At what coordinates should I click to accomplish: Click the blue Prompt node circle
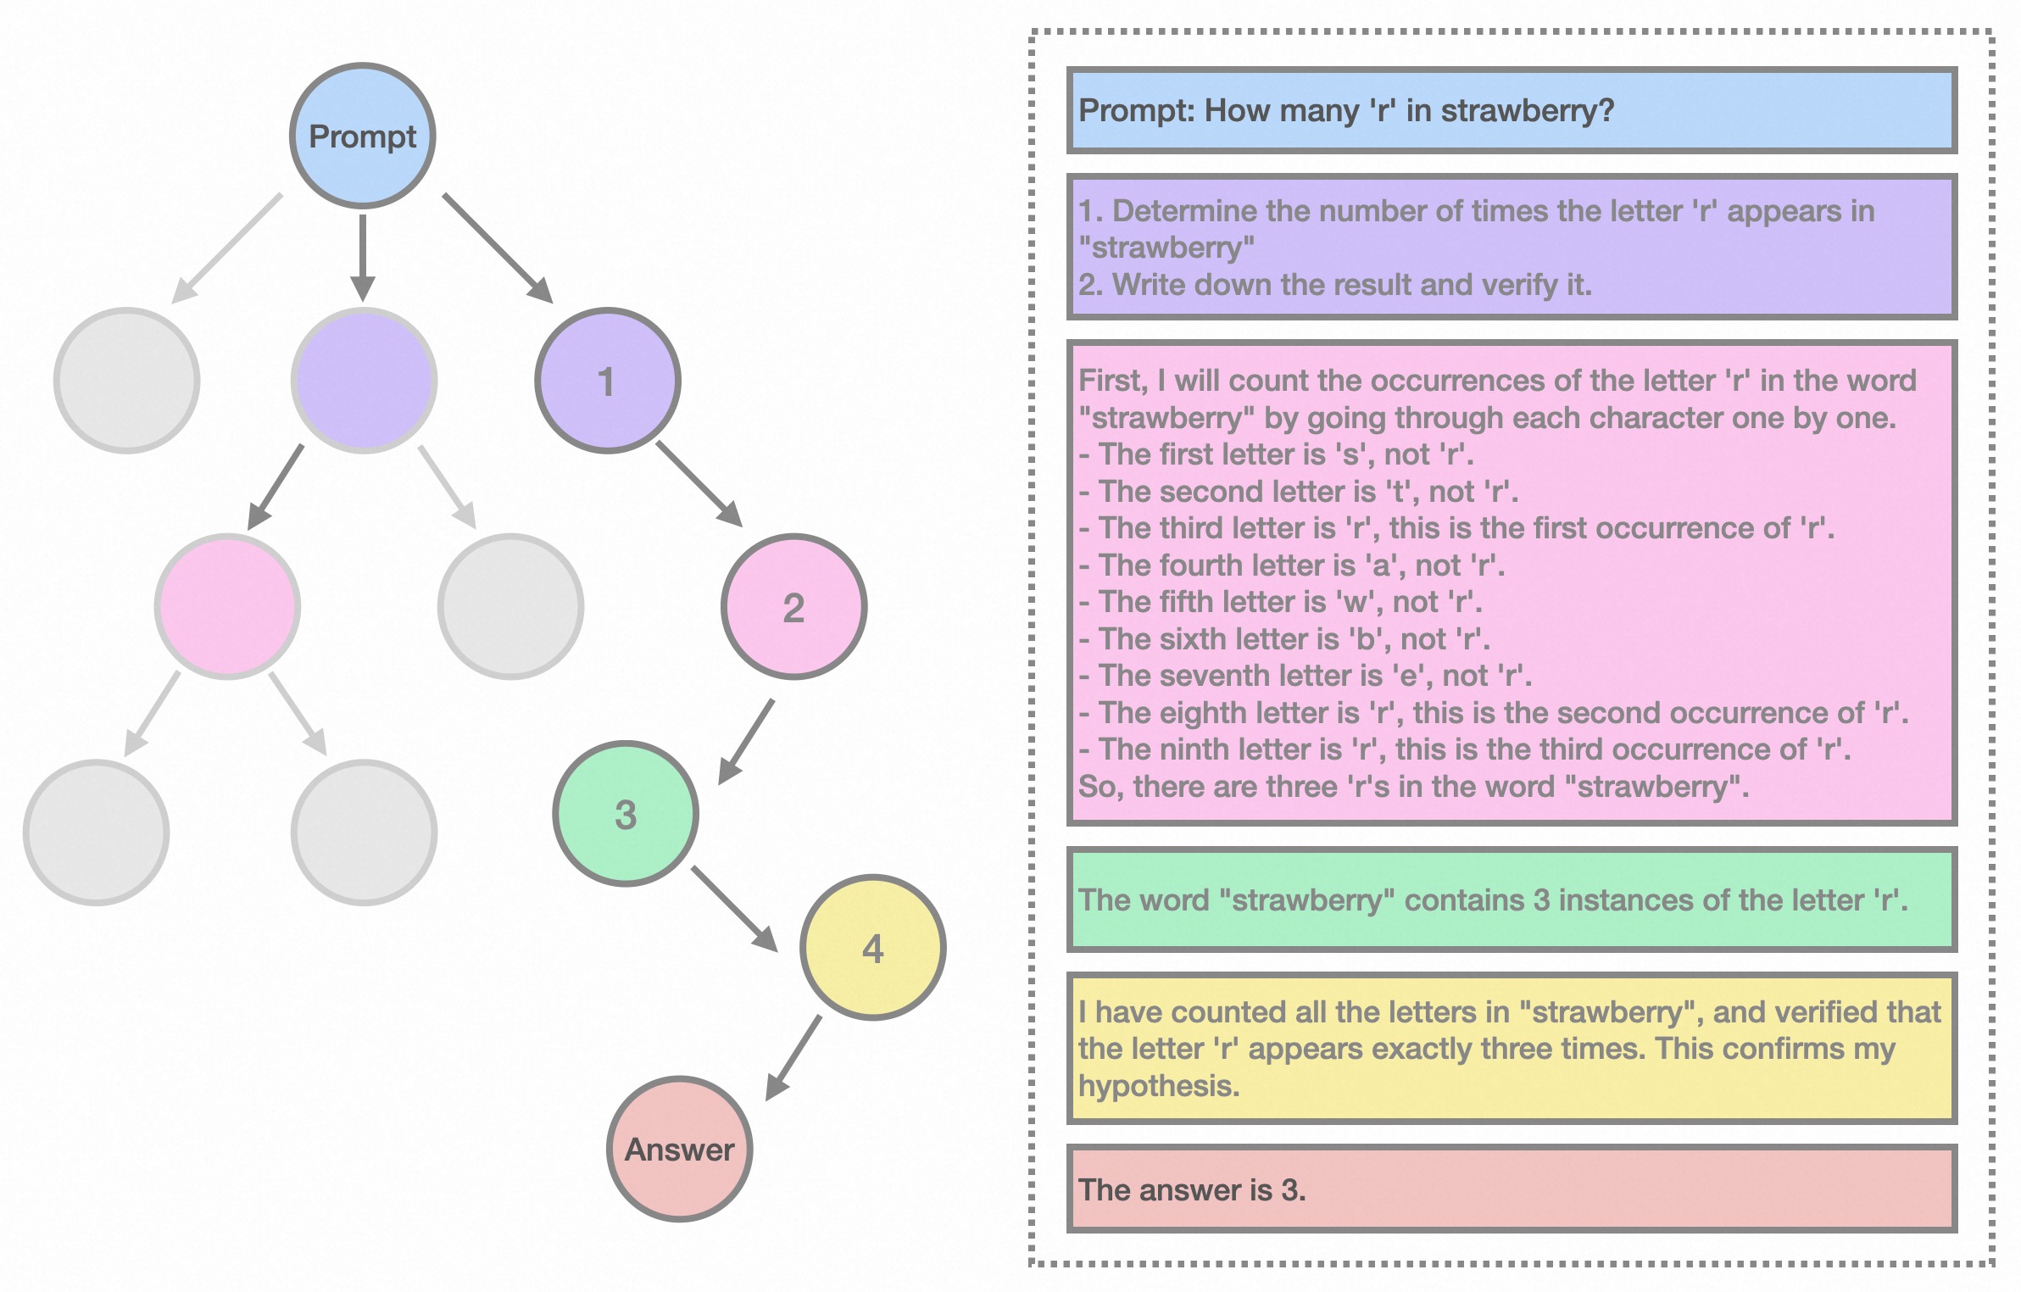(x=363, y=136)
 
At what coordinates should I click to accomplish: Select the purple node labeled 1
(x=607, y=381)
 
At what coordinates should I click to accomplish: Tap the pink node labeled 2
(x=793, y=607)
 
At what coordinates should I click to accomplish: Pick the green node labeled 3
(x=626, y=814)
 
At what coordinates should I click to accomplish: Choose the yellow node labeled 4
(x=872, y=947)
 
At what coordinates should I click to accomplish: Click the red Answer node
(x=680, y=1149)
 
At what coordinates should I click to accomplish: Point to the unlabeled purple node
(x=364, y=381)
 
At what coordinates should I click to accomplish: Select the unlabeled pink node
(x=227, y=607)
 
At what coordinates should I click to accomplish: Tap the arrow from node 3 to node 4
(x=733, y=907)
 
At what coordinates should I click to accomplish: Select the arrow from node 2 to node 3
(x=747, y=740)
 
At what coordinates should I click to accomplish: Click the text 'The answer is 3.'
(x=1191, y=1189)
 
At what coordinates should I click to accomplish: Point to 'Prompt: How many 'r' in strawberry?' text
(x=1345, y=110)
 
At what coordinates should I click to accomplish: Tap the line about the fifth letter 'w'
(x=1280, y=602)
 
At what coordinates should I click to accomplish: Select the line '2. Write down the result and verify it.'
(x=1334, y=285)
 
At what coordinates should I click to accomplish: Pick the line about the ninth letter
(x=1464, y=749)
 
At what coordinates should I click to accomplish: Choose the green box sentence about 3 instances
(x=1492, y=899)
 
